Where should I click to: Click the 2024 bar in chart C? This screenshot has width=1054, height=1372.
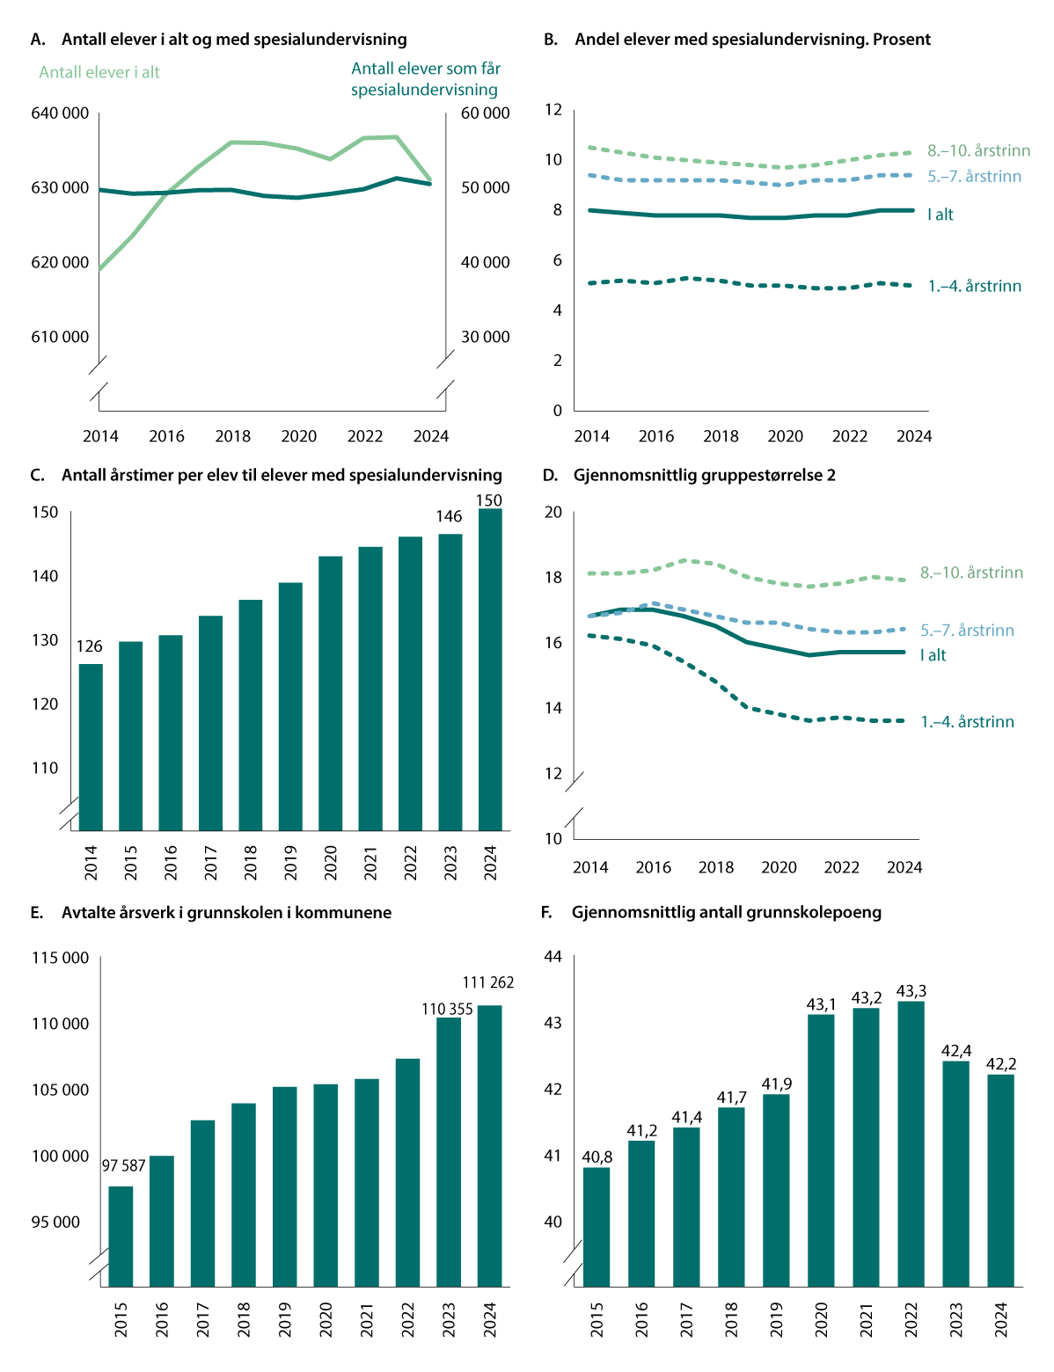pos(490,668)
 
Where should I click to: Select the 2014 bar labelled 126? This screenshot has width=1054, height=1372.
pos(91,748)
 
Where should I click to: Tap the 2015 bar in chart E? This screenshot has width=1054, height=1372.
pos(121,1236)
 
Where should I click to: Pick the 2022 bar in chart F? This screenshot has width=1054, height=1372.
pos(911,1143)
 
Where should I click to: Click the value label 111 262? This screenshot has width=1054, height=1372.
pos(488,982)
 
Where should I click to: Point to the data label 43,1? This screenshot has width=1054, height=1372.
pos(822,1003)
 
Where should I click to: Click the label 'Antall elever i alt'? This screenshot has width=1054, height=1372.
pos(99,72)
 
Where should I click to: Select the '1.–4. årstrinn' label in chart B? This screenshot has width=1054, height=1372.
pos(975,286)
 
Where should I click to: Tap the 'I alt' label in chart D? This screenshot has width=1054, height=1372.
pos(933,655)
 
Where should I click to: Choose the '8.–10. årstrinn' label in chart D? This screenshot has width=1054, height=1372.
pos(971,573)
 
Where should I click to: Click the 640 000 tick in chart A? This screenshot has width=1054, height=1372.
pos(60,113)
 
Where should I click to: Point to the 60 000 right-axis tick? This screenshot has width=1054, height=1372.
pos(485,113)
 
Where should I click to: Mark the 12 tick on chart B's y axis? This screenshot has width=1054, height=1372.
pos(553,110)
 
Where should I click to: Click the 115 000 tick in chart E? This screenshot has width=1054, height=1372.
pos(60,958)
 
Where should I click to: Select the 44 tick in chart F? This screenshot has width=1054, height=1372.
pos(553,957)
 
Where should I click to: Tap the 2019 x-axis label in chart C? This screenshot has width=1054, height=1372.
pos(290,863)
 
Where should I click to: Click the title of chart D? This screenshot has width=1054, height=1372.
pos(704,475)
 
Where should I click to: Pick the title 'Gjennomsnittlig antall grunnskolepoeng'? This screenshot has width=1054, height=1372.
pos(726,912)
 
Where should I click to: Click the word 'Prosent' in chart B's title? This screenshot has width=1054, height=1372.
pos(901,40)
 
